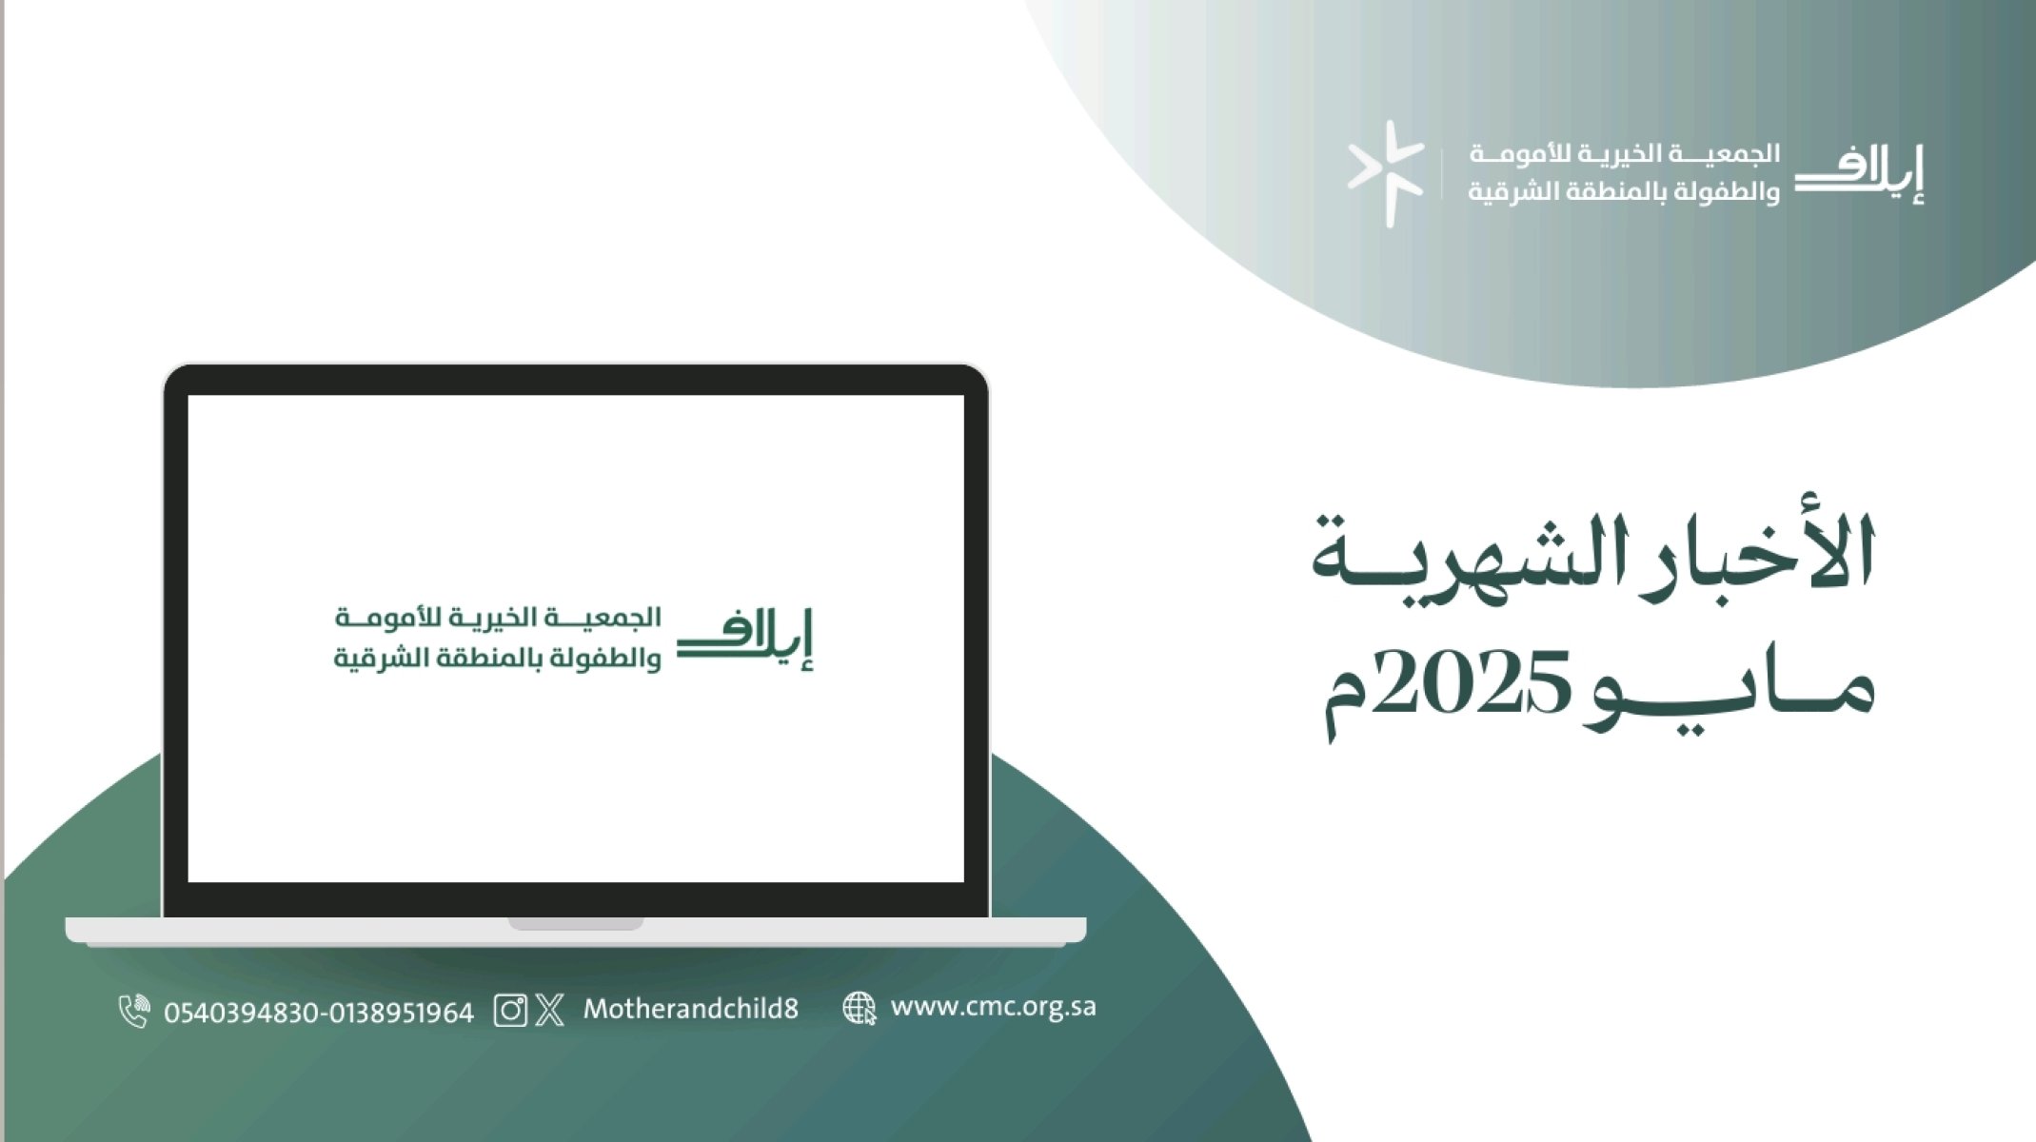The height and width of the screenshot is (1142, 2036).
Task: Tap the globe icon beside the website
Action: (x=860, y=1009)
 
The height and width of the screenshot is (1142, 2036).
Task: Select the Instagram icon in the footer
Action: (x=510, y=1010)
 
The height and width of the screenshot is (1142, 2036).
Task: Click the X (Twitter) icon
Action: (x=550, y=1010)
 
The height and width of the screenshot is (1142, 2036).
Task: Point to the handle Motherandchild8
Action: (x=691, y=1009)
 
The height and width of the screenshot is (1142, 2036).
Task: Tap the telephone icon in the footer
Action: (x=134, y=1011)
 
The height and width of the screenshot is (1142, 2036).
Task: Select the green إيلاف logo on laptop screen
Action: (x=745, y=639)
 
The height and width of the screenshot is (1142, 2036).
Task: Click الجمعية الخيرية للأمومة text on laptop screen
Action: (x=498, y=618)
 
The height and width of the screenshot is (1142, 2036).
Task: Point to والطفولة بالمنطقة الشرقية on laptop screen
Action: (x=497, y=659)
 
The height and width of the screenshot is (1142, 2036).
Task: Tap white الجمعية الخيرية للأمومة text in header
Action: (x=1624, y=153)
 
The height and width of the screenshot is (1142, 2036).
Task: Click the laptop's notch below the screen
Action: (x=576, y=923)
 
